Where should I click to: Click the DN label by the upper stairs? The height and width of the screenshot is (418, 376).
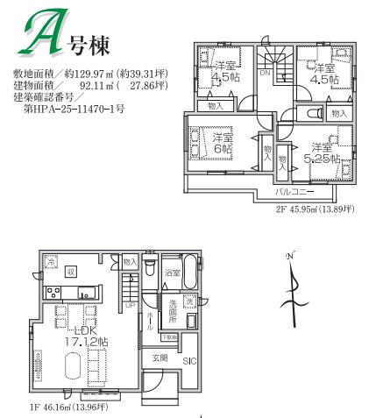[265, 74]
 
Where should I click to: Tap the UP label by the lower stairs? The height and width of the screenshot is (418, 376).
[130, 306]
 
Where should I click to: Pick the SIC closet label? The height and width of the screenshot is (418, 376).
[189, 360]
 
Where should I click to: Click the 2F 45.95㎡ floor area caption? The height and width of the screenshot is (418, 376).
[313, 209]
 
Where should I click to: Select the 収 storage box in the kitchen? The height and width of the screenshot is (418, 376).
[72, 271]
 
